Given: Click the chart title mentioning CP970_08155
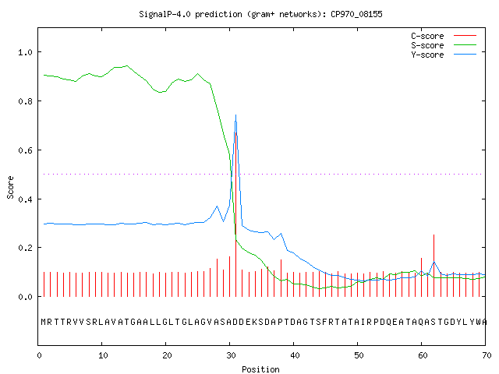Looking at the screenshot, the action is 260,14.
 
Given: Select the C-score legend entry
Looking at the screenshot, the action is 444,36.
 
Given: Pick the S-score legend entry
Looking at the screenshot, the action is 444,45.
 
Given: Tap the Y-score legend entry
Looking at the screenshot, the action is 444,55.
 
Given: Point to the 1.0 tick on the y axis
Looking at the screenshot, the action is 26,52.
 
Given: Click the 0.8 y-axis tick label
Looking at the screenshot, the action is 26,101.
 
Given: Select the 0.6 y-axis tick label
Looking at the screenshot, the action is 26,150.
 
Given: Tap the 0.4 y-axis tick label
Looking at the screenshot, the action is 26,199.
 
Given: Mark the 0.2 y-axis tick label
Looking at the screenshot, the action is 26,248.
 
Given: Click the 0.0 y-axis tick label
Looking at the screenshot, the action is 26,297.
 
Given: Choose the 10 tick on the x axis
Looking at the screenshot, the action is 103,355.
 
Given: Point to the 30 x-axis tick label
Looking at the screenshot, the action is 231,355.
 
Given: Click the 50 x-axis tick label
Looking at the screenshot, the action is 359,355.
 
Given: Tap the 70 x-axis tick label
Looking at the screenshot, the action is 487,355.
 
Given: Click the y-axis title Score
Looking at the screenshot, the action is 10,187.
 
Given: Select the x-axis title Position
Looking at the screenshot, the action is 260,369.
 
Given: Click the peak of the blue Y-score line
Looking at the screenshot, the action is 235,115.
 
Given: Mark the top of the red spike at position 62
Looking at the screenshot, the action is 434,235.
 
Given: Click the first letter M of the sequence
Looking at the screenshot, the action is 44,322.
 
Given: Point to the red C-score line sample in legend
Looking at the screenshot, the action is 465,36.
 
